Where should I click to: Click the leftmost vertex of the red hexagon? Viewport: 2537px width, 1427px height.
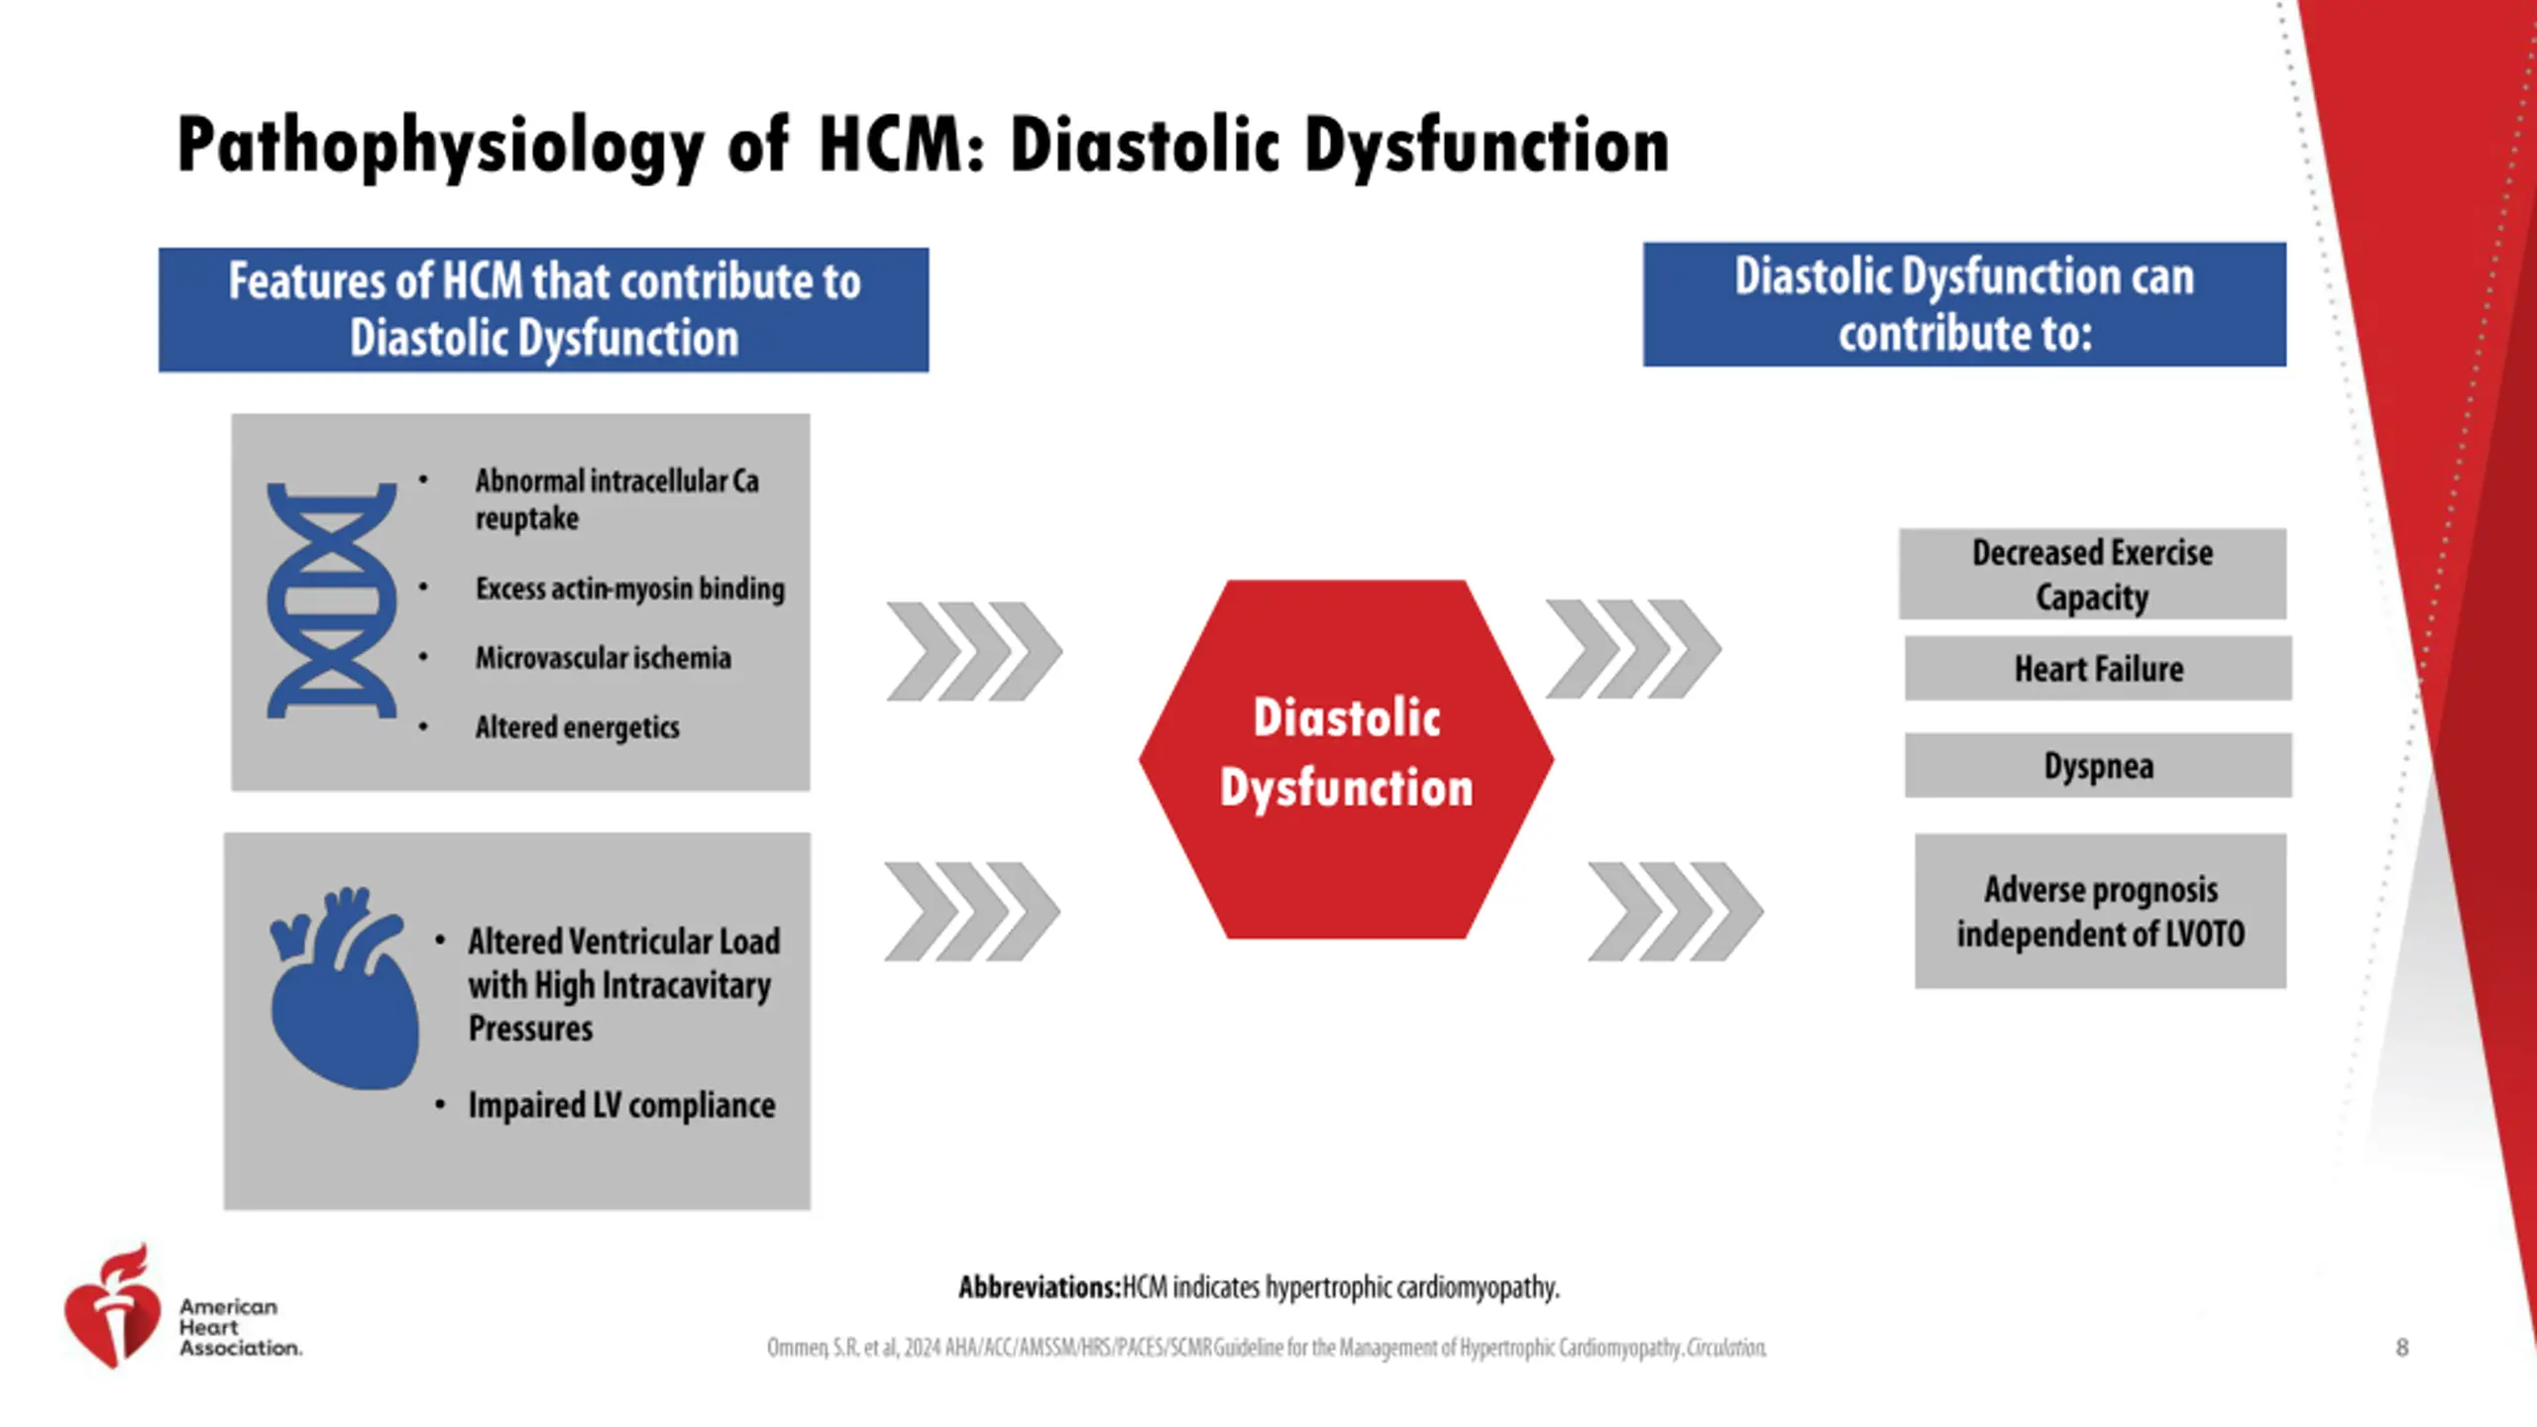[x=1139, y=760]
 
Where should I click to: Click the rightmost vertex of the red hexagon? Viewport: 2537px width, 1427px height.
[x=1554, y=760]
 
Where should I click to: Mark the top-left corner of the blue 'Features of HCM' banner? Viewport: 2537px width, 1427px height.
[x=159, y=248]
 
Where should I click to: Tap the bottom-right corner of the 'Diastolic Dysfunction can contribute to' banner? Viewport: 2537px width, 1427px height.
[x=2287, y=367]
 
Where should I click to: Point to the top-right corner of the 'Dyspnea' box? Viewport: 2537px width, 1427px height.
[x=2292, y=733]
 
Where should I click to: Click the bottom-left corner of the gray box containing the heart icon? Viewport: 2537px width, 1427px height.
[x=224, y=1210]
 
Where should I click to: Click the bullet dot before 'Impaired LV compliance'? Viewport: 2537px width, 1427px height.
[x=440, y=1105]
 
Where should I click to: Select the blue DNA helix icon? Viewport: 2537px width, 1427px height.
[x=331, y=601]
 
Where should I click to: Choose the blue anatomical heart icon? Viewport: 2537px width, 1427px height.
[x=344, y=988]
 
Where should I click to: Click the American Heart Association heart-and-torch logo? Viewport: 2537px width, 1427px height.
[x=112, y=1307]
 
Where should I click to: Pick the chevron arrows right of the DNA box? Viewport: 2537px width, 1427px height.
[x=974, y=651]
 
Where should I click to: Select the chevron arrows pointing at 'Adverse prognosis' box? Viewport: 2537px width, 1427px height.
[x=1675, y=912]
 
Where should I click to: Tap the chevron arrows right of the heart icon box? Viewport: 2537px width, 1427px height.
[x=972, y=912]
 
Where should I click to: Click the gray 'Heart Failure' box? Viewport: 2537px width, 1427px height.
[x=2098, y=669]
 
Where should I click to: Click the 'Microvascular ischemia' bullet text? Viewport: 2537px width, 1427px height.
[x=604, y=658]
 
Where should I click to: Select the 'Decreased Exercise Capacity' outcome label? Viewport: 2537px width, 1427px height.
[x=2092, y=575]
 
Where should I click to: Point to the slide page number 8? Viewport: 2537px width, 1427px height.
[x=2402, y=1348]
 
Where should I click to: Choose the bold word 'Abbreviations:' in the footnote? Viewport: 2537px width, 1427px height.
[x=1040, y=1287]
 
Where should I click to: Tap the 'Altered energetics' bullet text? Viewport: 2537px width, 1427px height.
[x=578, y=728]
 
